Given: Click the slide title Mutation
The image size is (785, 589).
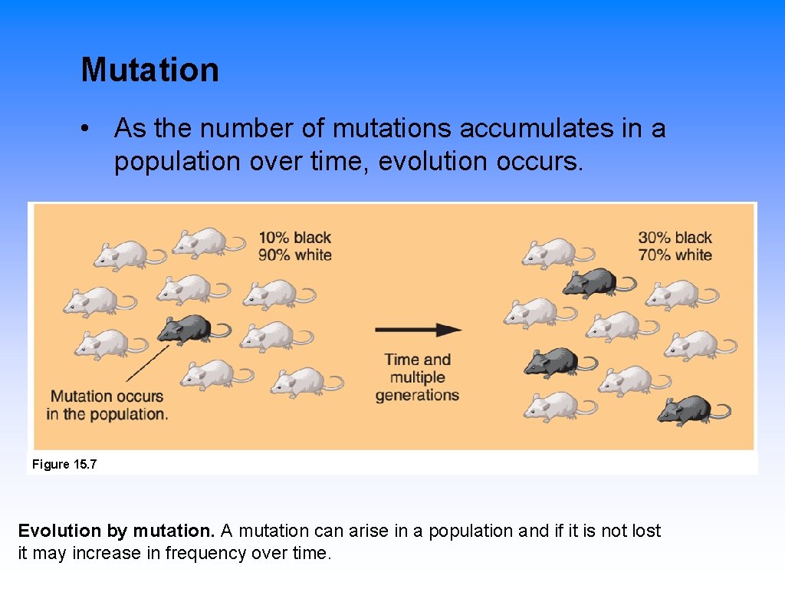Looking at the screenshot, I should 150,70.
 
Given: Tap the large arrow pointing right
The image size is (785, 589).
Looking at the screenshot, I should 418,330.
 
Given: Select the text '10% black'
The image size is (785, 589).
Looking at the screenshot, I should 294,238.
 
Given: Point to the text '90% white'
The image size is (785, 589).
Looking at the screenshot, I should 294,255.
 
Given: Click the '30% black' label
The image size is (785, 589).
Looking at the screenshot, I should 675,238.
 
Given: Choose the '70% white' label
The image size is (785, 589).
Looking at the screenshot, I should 675,255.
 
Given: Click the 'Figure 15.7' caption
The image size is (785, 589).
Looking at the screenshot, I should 64,465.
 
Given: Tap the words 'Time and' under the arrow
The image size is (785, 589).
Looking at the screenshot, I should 417,360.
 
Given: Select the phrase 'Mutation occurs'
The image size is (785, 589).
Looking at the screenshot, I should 107,397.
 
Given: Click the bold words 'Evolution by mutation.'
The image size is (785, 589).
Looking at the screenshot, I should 117,531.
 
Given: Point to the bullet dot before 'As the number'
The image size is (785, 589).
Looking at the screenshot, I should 90,129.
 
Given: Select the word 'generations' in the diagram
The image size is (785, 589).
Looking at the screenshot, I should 417,396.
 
